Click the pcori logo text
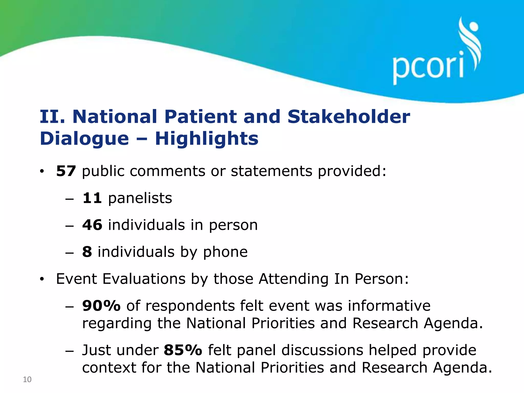click(428, 67)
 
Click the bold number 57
click(66, 171)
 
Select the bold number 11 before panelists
click(92, 198)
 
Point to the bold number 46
click(92, 225)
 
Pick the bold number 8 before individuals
click(87, 252)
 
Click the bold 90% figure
click(101, 306)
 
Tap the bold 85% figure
click(183, 350)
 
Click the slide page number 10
click(27, 379)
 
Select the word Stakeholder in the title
click(348, 117)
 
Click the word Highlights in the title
click(207, 139)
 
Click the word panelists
click(140, 199)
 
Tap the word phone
click(225, 252)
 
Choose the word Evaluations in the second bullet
click(144, 279)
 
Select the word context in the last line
click(109, 368)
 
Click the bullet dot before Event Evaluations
click(42, 279)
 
